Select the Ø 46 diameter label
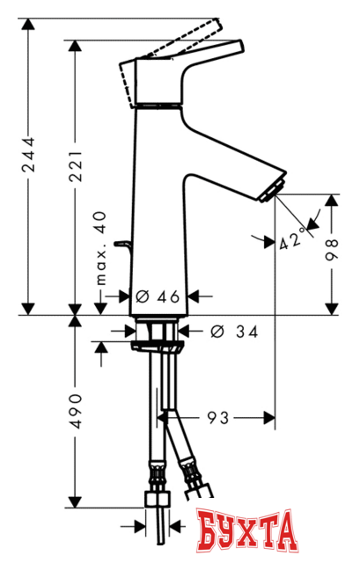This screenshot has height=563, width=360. pyautogui.click(x=160, y=296)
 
